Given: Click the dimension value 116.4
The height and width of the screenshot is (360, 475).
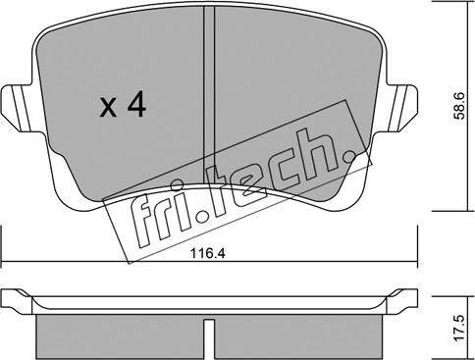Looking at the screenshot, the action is (208, 253).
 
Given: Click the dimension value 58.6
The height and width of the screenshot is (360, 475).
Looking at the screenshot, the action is (460, 106).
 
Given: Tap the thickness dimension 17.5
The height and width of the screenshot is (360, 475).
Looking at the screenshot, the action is (460, 329).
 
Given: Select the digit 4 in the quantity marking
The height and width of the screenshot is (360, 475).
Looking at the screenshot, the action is (136, 104).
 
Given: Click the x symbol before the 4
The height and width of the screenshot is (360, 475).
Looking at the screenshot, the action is (108, 108).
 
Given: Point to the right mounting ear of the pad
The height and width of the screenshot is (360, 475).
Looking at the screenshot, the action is (399, 108).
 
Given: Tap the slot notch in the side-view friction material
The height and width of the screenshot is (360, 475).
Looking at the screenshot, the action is (209, 339).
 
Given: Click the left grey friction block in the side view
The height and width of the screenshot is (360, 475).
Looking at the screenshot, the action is (120, 337).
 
